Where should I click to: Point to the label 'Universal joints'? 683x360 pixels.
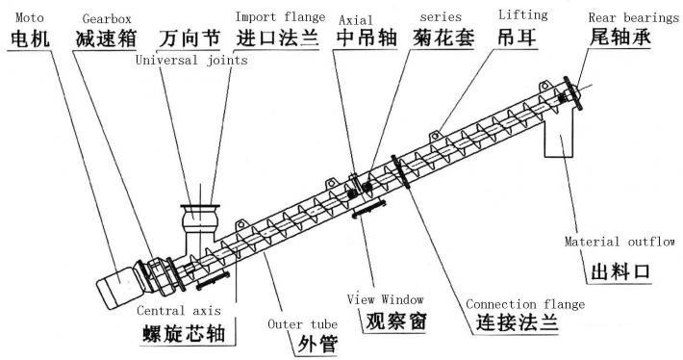click(190, 60)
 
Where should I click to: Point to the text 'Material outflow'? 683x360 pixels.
click(620, 242)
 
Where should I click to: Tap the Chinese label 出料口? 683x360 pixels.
click(620, 272)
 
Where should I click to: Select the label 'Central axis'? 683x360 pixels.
click(178, 311)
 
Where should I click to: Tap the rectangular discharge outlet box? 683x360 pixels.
click(557, 140)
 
